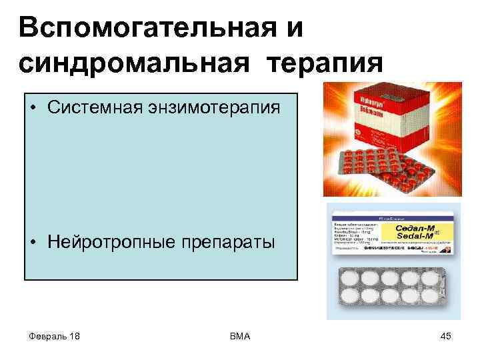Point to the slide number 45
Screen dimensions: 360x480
coord(446,337)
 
